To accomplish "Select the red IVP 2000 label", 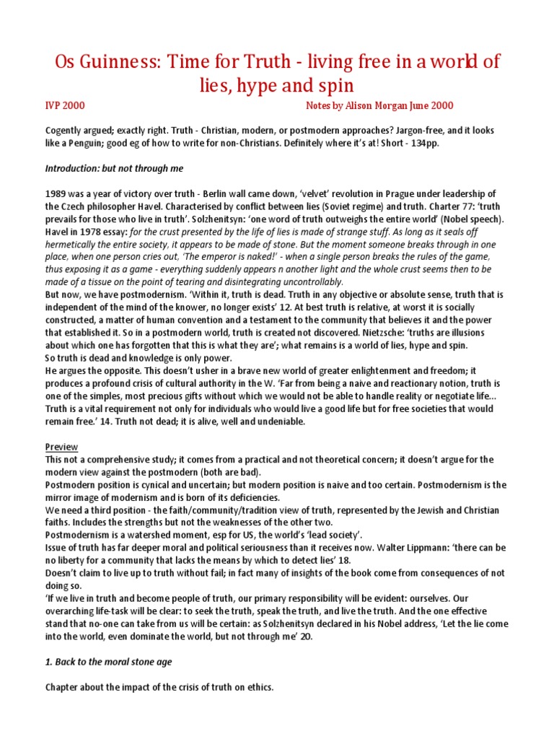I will pyautogui.click(x=65, y=105).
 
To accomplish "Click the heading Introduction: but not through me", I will pyautogui.click(x=114, y=168).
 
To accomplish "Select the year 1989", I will pyautogui.click(x=57, y=194).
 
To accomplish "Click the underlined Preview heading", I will pyautogui.click(x=61, y=447).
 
